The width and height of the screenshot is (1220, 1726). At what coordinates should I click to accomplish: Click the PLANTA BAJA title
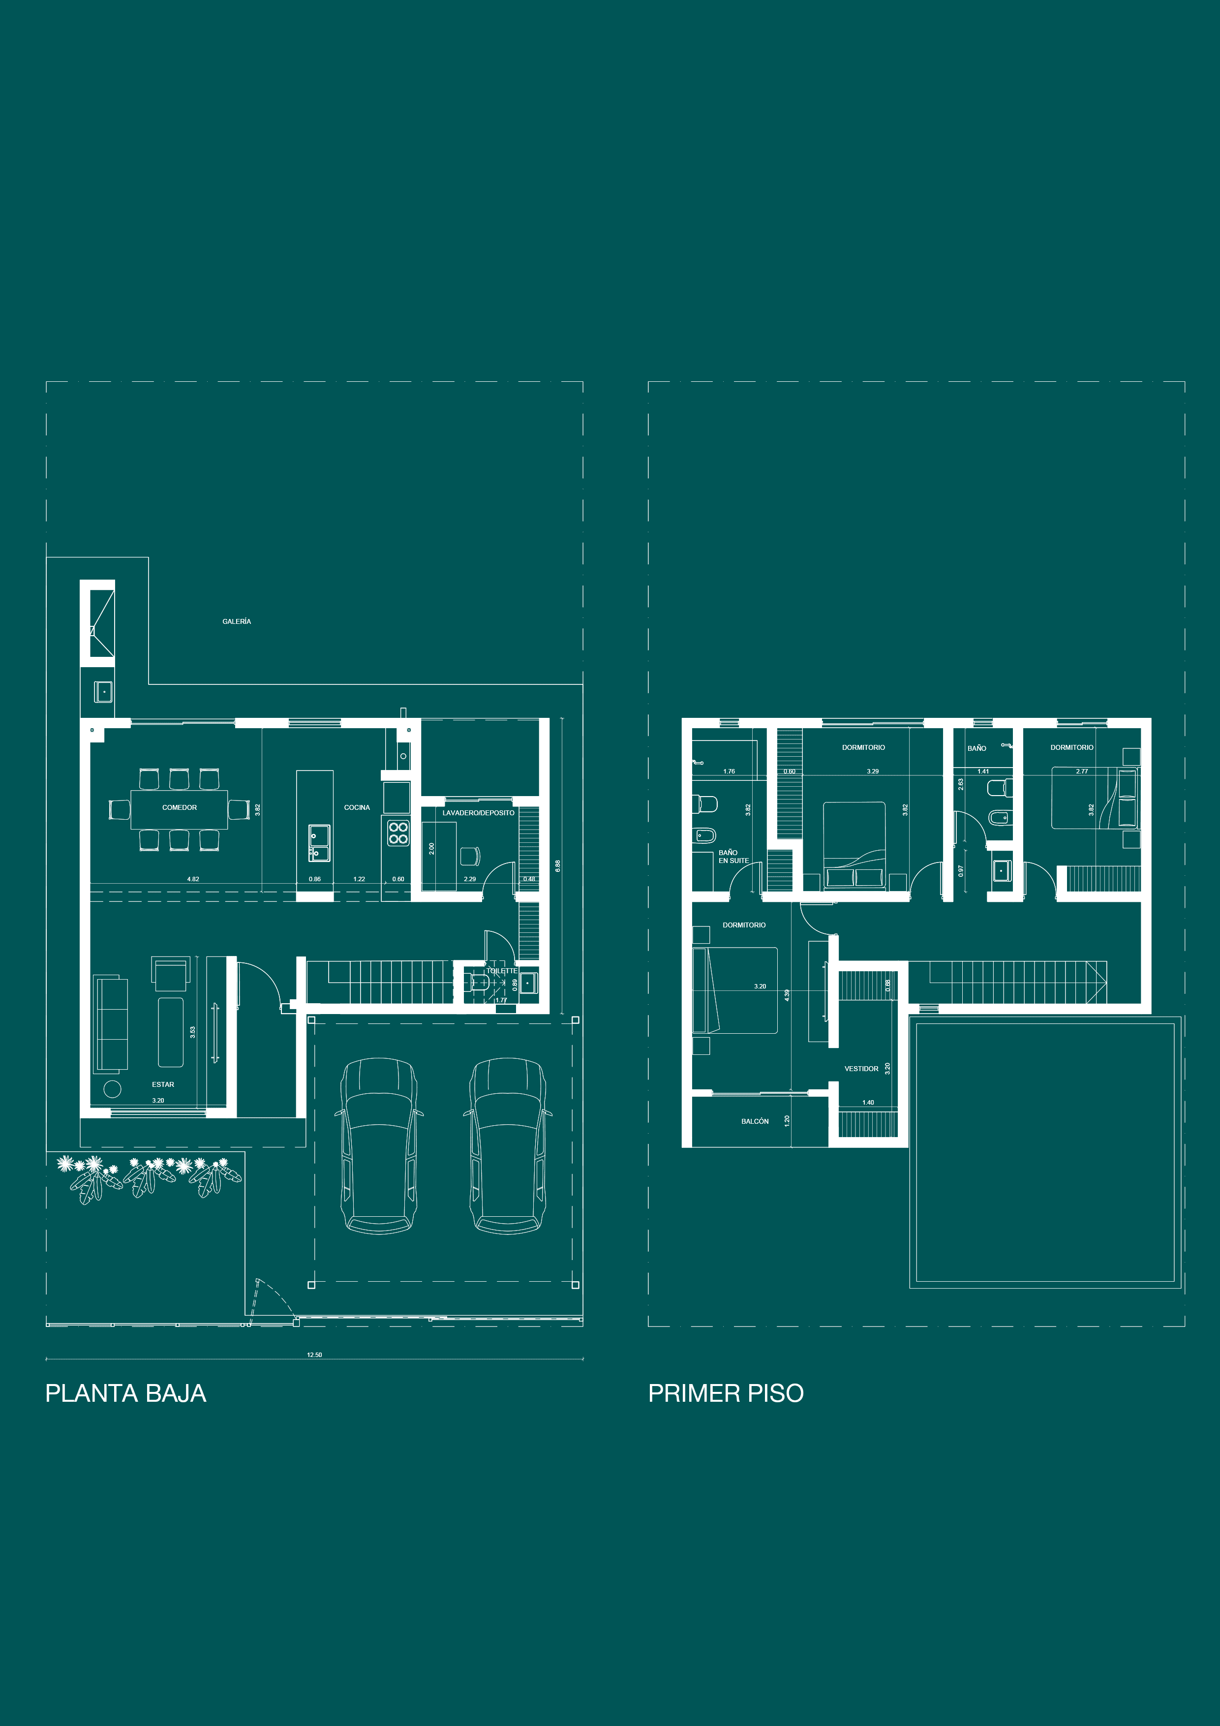pos(125,1393)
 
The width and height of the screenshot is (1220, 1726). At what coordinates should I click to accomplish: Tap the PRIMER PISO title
pos(726,1393)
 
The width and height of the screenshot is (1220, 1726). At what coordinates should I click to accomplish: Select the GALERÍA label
pos(237,622)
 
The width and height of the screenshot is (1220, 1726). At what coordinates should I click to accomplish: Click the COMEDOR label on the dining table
pos(180,807)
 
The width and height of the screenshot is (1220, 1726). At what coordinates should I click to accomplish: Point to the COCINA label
pos(357,807)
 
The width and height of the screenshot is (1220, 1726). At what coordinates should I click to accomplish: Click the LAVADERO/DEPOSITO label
pos(478,813)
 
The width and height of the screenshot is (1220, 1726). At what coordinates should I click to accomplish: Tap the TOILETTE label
pos(501,970)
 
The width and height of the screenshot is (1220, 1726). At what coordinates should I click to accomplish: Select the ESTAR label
pos(163,1084)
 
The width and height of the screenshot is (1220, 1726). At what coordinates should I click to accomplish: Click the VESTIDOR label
pos(861,1068)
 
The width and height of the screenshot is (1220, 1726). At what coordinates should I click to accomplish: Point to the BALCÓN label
pos(755,1121)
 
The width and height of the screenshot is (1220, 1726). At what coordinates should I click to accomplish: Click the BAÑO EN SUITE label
pos(733,856)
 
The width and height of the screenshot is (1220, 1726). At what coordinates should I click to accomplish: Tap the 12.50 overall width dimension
pos(314,1355)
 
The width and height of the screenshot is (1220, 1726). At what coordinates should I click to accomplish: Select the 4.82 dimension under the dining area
pos(193,879)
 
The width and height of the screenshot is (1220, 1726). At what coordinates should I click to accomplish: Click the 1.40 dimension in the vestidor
pos(868,1102)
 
